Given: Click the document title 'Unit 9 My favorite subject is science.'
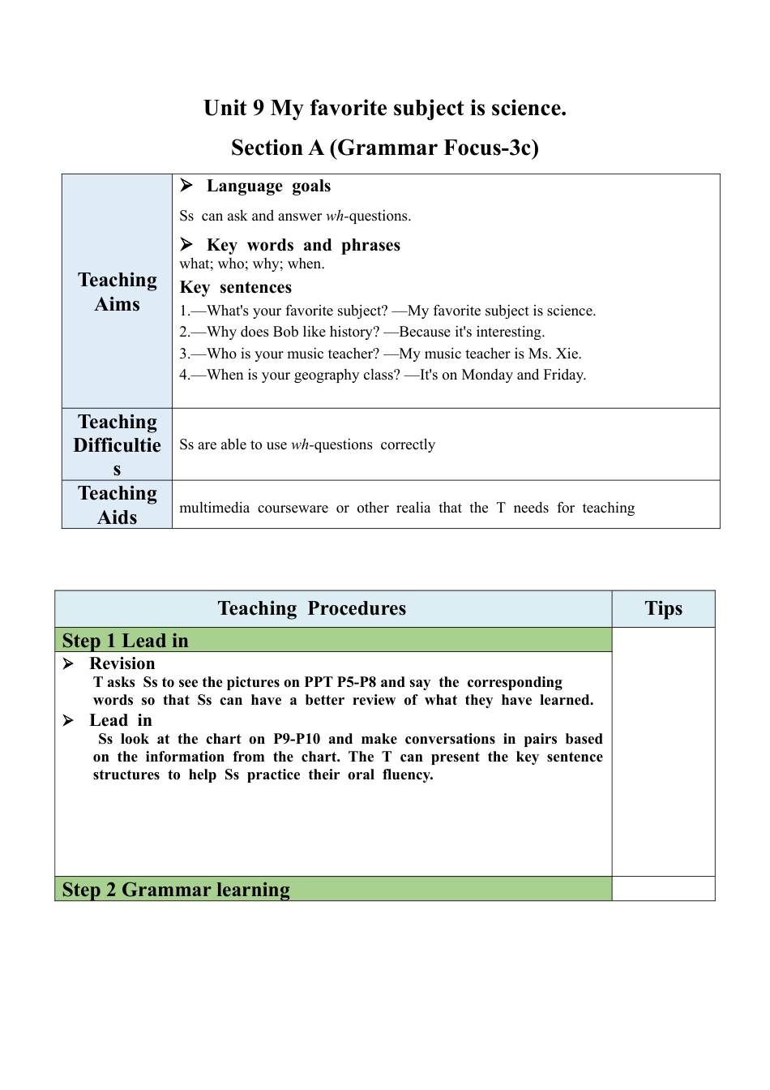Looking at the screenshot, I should click(x=385, y=108).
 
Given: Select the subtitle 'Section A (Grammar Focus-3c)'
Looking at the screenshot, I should click(x=385, y=148).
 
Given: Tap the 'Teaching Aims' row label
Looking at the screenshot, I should click(x=117, y=291).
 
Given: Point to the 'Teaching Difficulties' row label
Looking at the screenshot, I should click(x=117, y=444).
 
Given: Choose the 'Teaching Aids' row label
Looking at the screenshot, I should click(x=117, y=504).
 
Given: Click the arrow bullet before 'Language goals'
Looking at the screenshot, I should click(x=186, y=186).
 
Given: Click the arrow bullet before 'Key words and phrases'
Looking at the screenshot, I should click(x=186, y=244).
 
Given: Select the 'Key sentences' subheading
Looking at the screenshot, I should click(x=235, y=287).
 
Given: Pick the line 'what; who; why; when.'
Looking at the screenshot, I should click(x=251, y=264).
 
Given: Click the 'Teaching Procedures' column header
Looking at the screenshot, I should click(x=312, y=608).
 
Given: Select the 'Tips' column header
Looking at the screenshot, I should click(x=663, y=608).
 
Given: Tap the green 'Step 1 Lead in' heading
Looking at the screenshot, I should click(x=126, y=641).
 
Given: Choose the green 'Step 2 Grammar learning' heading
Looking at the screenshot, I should click(x=176, y=890).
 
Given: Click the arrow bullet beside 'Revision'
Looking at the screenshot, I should click(x=69, y=663).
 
